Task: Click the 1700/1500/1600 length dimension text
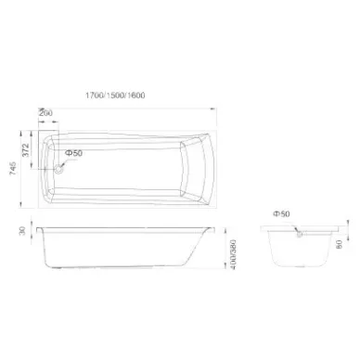[x=115, y=96]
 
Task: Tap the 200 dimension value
[x=45, y=113]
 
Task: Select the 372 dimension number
[x=26, y=150]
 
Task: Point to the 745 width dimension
[x=13, y=169]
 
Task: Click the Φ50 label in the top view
[x=74, y=153]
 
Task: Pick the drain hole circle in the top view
[x=58, y=169]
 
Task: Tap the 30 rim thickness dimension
[x=22, y=231]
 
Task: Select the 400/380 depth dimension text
[x=233, y=254]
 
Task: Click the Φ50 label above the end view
[x=281, y=213]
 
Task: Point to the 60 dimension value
[x=340, y=245]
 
